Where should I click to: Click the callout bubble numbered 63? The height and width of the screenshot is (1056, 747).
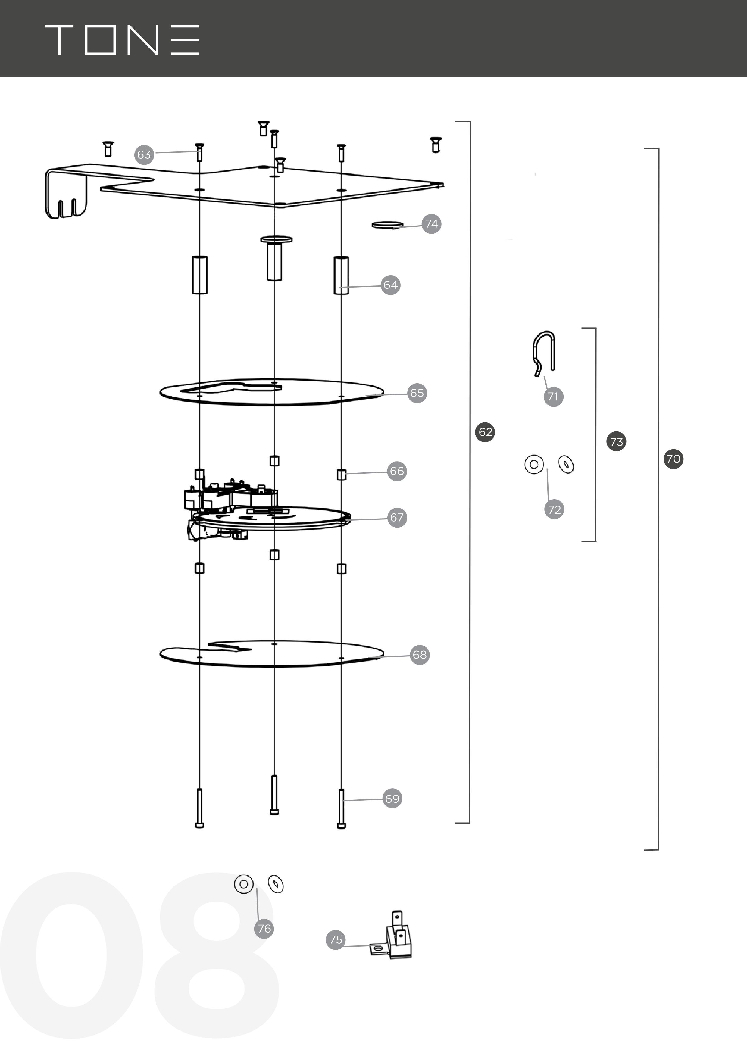pyautogui.click(x=144, y=154)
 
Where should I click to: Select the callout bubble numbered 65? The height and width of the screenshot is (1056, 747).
pyautogui.click(x=417, y=393)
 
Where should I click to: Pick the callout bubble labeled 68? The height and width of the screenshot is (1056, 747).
pyautogui.click(x=420, y=655)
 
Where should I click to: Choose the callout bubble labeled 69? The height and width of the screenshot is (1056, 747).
pyautogui.click(x=392, y=799)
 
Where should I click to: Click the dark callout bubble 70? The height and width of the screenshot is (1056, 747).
pyautogui.click(x=674, y=459)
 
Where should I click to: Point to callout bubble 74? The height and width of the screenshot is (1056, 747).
pyautogui.click(x=431, y=224)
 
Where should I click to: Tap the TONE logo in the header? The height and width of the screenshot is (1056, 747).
pyautogui.click(x=122, y=40)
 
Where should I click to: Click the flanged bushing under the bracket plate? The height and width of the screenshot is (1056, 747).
pyautogui.click(x=275, y=258)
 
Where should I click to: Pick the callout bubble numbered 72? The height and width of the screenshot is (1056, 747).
pyautogui.click(x=554, y=509)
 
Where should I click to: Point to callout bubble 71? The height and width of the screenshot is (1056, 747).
pyautogui.click(x=553, y=397)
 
